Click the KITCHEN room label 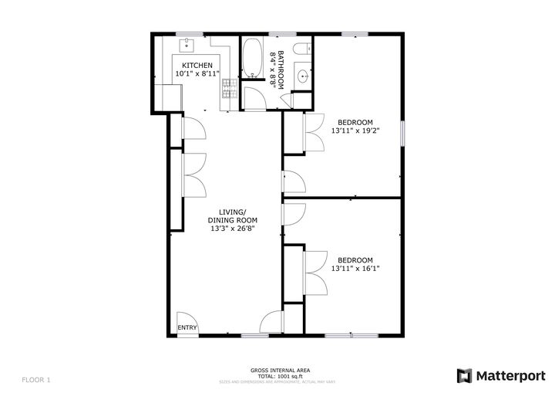pos(197,66)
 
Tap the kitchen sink pos(187,45)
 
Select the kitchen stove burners pos(227,90)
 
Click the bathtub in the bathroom pos(252,59)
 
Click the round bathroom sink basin pos(302,76)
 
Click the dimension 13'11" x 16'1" pos(355,269)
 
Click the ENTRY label pos(187,328)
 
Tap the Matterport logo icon pos(464,375)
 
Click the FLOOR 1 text pos(36,379)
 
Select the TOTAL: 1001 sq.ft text pos(270,376)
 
